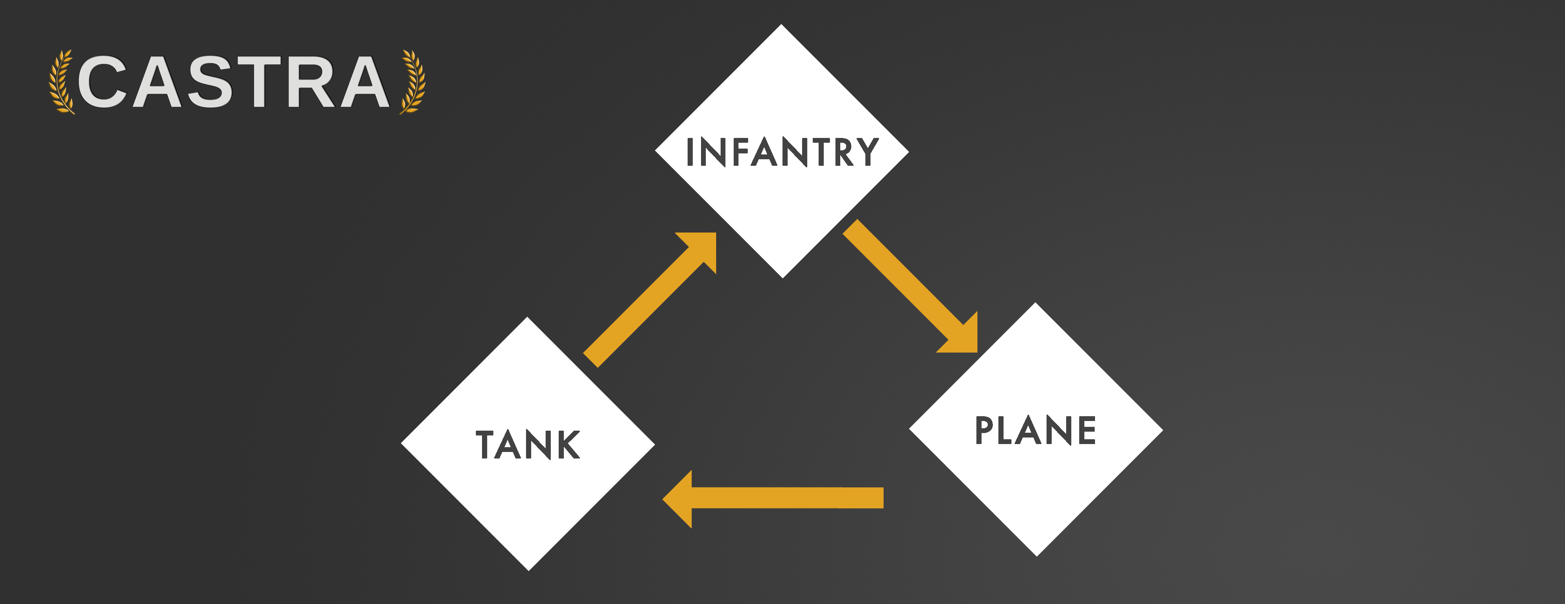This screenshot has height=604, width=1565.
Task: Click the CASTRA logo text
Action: pyautogui.click(x=234, y=82)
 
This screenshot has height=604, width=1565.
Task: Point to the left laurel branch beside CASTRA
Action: pyautogui.click(x=61, y=82)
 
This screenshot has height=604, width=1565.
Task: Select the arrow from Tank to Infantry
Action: pyautogui.click(x=650, y=300)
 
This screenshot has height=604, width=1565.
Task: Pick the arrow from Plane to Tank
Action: pyautogui.click(x=773, y=498)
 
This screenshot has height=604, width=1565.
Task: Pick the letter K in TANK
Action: pyautogui.click(x=567, y=445)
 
